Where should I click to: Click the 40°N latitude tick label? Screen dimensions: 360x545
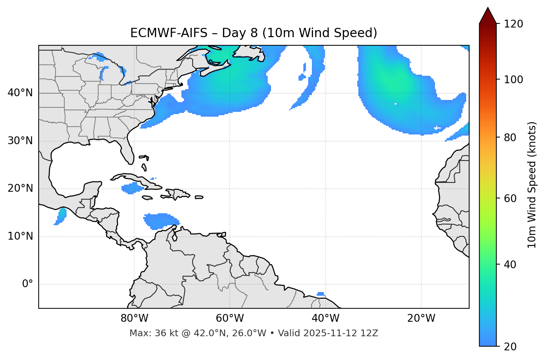tap(20, 93)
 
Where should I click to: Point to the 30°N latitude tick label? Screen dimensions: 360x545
tap(20, 141)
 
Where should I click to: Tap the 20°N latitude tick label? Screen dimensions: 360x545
tap(20, 188)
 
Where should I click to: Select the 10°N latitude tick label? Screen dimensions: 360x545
tap(20, 236)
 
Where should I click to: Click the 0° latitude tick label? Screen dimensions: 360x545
tap(28, 284)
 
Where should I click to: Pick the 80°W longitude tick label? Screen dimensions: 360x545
tap(134, 318)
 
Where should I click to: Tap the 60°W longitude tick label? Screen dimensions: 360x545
tap(230, 318)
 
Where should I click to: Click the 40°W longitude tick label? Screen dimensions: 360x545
tap(325, 318)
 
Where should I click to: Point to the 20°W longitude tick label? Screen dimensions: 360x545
tap(421, 318)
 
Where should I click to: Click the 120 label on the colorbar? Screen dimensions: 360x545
tap(513, 24)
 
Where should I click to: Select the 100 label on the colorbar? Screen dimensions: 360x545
tap(513, 80)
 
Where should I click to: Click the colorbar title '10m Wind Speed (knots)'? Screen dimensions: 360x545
tap(532, 185)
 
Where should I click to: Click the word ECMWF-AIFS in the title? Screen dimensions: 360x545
tap(169, 33)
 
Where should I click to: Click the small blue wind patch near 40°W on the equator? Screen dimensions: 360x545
tap(321, 294)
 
